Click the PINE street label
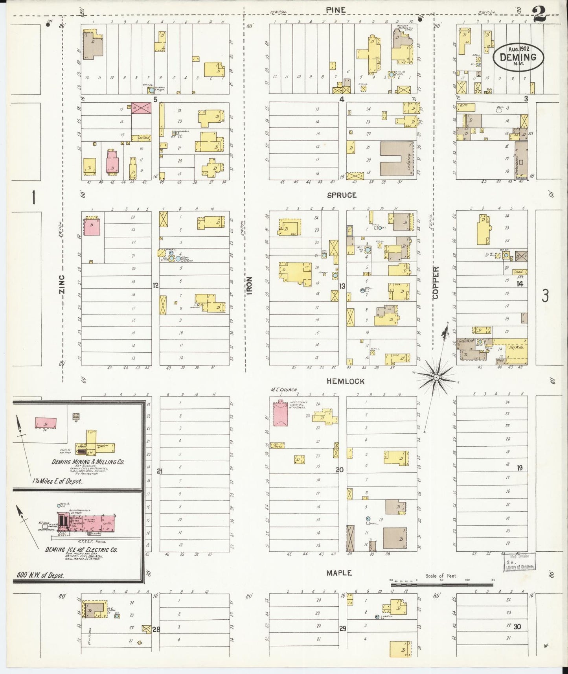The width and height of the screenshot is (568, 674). click(x=338, y=10)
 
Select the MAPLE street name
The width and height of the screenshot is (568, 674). click(x=339, y=573)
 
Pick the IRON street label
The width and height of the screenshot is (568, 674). click(x=250, y=285)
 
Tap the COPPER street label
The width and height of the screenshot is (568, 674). click(x=436, y=283)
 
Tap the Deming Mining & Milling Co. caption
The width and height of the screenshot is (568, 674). click(x=88, y=462)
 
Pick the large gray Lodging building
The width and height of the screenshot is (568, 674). click(x=397, y=158)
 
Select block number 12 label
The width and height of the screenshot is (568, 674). click(x=156, y=285)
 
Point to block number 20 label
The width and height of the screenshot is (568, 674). click(x=340, y=470)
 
